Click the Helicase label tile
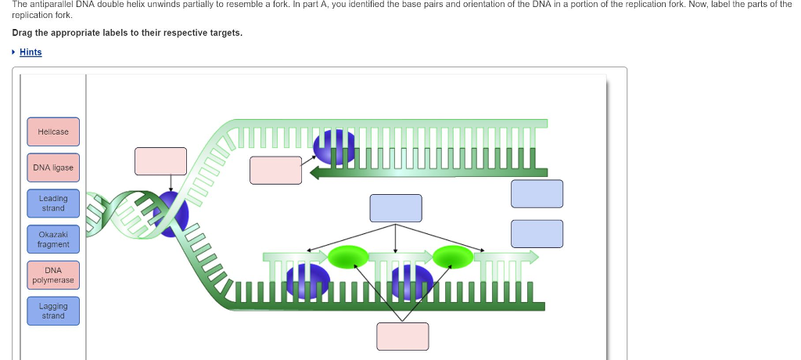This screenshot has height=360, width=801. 53,131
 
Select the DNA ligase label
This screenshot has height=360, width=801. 53,167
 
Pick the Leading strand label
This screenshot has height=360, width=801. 53,203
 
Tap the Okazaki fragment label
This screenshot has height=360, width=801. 53,239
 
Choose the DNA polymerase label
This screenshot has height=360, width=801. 53,275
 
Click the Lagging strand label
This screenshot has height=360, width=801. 53,311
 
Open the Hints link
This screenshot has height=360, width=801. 31,52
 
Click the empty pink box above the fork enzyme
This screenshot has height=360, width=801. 160,160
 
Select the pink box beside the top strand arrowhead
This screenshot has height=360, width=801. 275,170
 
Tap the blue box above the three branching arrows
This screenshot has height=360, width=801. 396,208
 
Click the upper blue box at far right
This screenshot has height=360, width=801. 537,193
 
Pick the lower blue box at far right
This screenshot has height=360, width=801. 537,233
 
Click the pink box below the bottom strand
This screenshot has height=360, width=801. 403,336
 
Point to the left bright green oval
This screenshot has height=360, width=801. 348,256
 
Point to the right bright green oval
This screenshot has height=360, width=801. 453,256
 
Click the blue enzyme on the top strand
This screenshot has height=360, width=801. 334,146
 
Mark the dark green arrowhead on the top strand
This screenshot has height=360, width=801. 318,172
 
